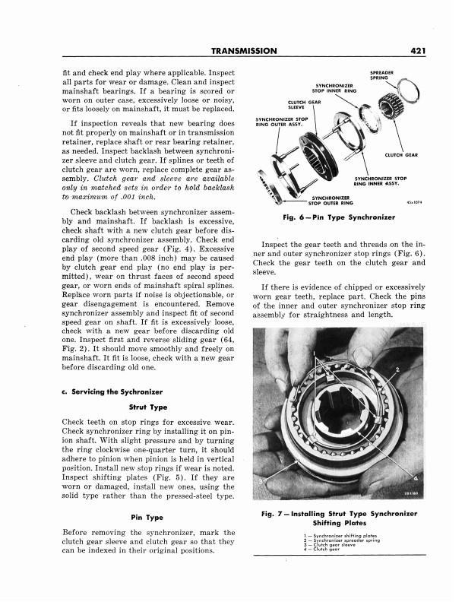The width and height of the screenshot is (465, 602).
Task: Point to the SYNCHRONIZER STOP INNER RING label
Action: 336,88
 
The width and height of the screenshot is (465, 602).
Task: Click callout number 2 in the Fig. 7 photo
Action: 397,369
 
